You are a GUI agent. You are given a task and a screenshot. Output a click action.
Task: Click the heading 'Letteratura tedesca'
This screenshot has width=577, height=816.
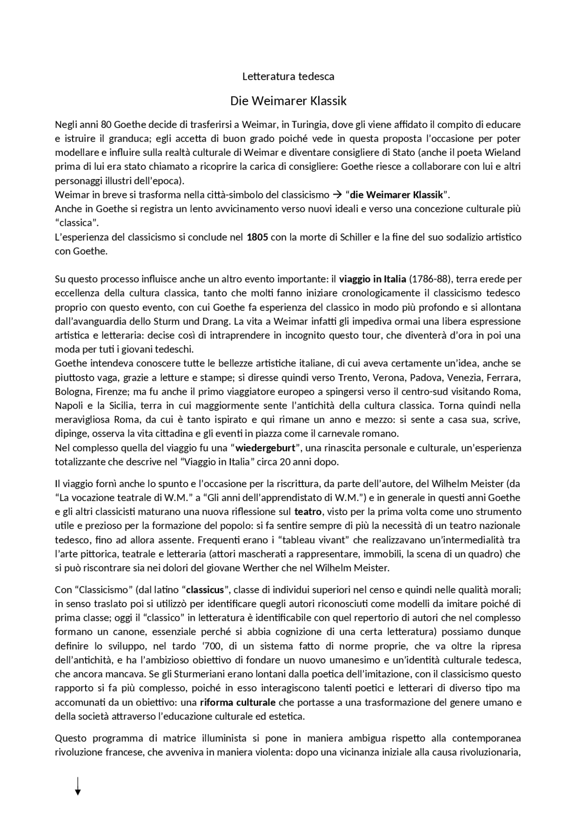pyautogui.click(x=288, y=76)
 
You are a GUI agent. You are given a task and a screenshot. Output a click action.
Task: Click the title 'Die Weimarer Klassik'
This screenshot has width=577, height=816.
pyautogui.click(x=288, y=100)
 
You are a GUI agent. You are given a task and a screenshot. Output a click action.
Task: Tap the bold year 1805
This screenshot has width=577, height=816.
pyautogui.click(x=257, y=237)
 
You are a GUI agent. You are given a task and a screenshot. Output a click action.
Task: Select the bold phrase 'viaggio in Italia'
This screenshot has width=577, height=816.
pyautogui.click(x=372, y=279)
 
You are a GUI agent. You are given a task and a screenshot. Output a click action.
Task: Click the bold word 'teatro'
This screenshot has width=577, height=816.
pyautogui.click(x=308, y=511)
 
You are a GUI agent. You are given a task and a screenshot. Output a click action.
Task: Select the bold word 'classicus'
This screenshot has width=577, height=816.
pyautogui.click(x=205, y=589)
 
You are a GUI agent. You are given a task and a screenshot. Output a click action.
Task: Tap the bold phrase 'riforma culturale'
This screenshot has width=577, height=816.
pyautogui.click(x=238, y=702)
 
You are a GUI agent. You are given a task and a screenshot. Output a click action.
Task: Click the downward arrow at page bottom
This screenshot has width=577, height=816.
pyautogui.click(x=78, y=786)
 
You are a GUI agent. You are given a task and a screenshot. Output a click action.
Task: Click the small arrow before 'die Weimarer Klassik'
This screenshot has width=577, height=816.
pyautogui.click(x=337, y=195)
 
